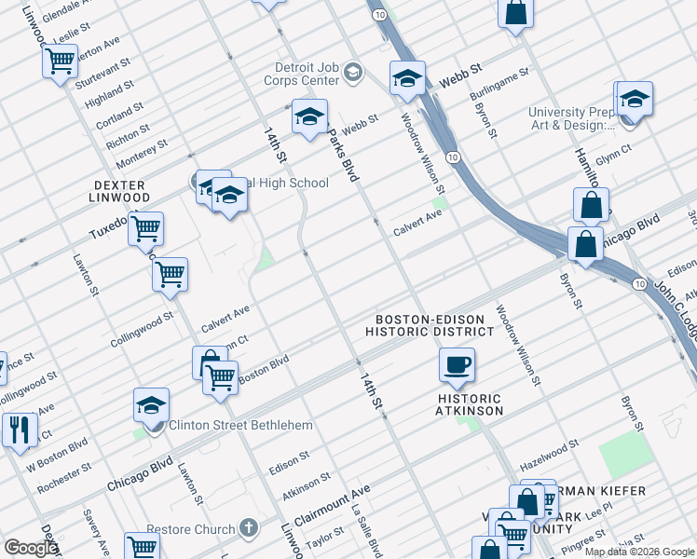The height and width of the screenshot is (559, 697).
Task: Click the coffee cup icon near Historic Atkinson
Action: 457,365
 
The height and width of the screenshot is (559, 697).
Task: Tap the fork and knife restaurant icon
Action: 19,429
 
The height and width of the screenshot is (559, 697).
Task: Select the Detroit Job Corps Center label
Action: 307,74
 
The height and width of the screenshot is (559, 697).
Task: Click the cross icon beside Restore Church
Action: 248,528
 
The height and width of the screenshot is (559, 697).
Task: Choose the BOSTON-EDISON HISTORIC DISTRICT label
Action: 430,325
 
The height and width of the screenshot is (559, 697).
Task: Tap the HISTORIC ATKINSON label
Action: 471,404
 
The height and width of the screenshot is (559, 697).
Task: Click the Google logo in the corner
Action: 31,548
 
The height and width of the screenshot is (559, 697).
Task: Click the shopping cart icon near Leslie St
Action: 60,61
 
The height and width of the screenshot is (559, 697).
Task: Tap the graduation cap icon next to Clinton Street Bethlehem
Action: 151,405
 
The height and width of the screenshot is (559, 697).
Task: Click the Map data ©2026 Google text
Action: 639,552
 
